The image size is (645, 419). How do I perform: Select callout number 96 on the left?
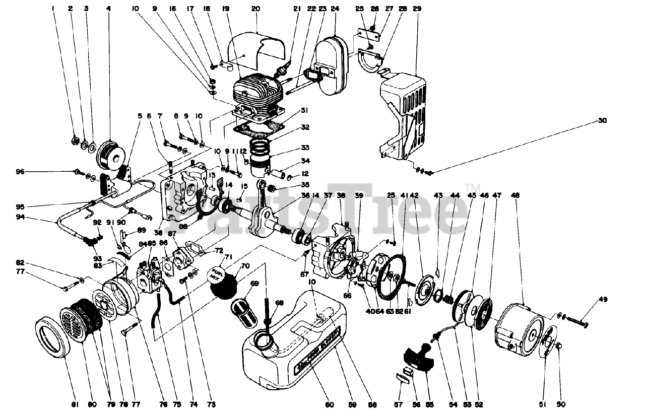coord(20,172)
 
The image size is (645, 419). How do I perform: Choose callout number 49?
coord(603,299)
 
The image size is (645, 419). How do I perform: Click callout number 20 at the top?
coord(255,9)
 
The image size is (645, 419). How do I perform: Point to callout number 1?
coord(53,9)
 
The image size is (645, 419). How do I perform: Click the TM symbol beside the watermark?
coord(468,187)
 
